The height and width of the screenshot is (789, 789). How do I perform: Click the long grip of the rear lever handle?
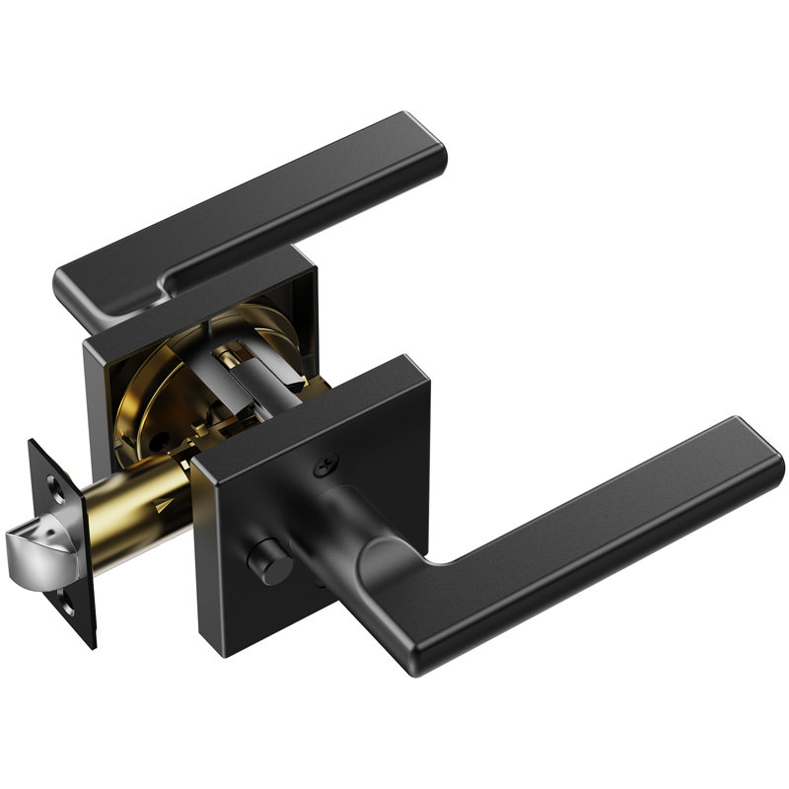point(296,212)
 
